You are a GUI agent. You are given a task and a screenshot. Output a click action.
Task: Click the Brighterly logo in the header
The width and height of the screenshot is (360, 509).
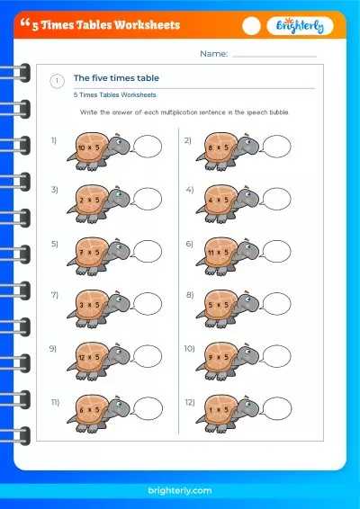pos(301,27)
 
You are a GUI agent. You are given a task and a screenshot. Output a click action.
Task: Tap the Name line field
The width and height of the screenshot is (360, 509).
pos(274,54)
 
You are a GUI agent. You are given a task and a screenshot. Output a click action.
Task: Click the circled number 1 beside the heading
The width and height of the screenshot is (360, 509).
pos(57,81)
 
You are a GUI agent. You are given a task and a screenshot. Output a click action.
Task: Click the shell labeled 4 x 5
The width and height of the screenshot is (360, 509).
pos(216,200)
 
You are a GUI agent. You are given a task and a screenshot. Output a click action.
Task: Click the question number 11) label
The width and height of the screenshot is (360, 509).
pos(55,401)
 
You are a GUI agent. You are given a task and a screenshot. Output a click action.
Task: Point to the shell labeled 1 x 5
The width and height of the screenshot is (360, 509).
pos(216,409)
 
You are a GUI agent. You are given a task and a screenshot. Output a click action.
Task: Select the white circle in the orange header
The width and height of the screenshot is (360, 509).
pos(252,26)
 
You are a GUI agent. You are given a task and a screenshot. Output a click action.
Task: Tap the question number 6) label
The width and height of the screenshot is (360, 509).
pos(189,244)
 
